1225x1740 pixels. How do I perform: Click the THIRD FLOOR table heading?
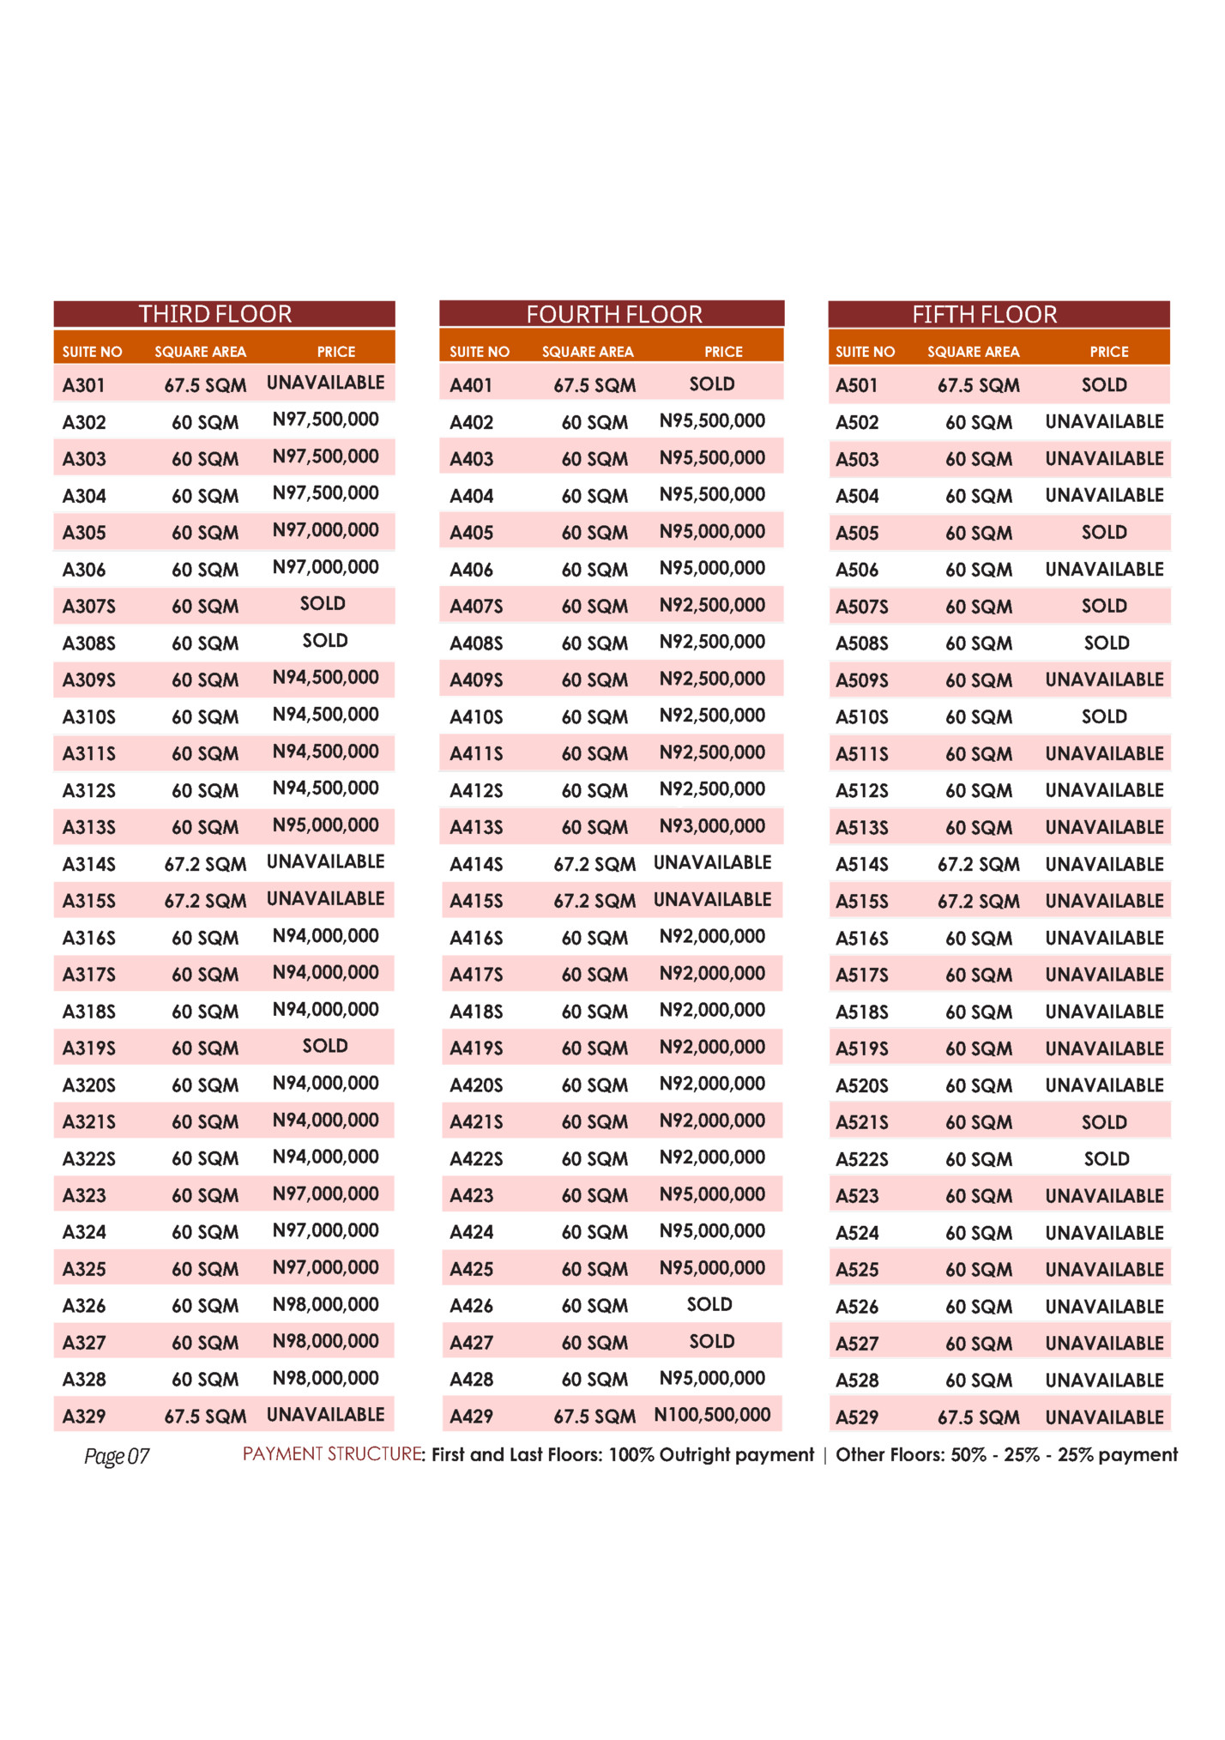(x=215, y=314)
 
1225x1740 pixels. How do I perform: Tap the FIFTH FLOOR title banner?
(x=984, y=315)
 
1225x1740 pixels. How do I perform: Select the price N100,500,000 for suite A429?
(x=712, y=1415)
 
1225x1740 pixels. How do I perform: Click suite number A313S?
(x=88, y=827)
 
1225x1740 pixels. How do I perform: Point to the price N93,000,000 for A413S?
(x=712, y=826)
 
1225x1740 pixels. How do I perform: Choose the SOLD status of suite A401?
(x=712, y=384)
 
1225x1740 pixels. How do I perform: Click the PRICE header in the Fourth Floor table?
(x=723, y=352)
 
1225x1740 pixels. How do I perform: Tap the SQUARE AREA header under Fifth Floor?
(x=973, y=352)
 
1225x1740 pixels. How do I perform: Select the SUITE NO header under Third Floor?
(x=92, y=352)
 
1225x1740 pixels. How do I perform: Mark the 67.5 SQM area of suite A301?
(x=205, y=385)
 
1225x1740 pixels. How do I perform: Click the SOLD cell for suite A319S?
(x=325, y=1046)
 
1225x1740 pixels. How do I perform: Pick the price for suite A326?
(x=325, y=1305)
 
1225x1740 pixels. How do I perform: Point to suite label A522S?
(x=862, y=1159)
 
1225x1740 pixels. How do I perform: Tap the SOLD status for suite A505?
(x=1104, y=532)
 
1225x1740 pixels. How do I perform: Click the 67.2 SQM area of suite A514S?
(x=978, y=864)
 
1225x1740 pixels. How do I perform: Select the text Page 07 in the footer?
(x=117, y=1456)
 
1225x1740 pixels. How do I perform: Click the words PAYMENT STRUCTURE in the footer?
(x=332, y=1453)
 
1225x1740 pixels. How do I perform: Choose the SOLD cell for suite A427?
(x=712, y=1341)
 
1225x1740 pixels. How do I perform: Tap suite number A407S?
(x=476, y=607)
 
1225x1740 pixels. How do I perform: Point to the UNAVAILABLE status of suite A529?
(x=1104, y=1417)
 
